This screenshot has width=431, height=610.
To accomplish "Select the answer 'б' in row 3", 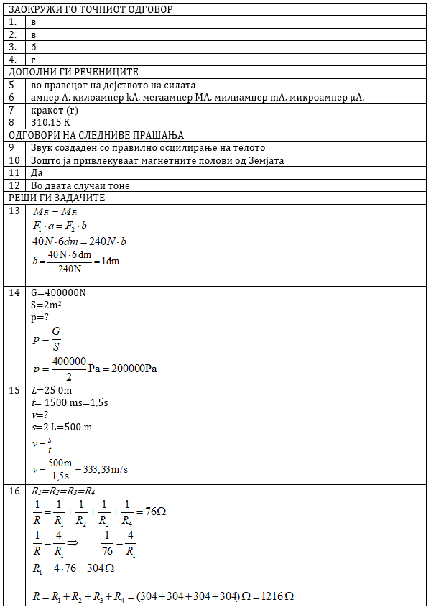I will point(33,47).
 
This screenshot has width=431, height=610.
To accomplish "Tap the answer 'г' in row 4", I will point(33,60).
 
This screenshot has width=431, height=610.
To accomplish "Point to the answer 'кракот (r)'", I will point(55,110).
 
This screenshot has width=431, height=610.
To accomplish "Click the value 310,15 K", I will point(50,122).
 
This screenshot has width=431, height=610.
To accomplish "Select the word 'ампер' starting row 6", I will point(44,97).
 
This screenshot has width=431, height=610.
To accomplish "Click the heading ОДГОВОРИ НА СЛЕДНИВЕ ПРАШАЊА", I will point(96,135).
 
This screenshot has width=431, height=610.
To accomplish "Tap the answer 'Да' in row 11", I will point(37,172).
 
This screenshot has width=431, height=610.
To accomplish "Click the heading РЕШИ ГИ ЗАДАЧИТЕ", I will point(57,198).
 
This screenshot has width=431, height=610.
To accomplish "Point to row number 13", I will point(14,211).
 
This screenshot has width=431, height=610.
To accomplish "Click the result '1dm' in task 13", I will point(110,261).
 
